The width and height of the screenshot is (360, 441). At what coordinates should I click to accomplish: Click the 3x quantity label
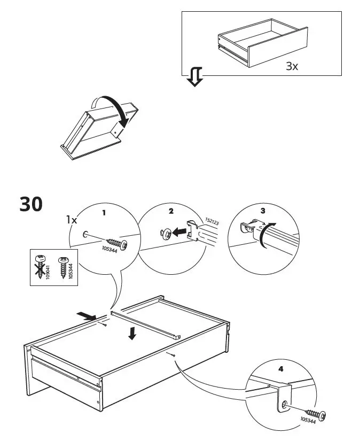coord(292,67)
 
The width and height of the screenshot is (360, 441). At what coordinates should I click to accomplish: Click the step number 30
coord(31,204)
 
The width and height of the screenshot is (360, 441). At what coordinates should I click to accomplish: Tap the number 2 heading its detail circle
coord(171,211)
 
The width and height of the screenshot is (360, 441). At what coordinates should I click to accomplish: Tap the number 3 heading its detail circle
coord(263,211)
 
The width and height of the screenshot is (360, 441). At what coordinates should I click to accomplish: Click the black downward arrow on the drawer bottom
coord(132,334)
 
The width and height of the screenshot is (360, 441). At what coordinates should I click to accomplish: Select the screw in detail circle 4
coord(316,413)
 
